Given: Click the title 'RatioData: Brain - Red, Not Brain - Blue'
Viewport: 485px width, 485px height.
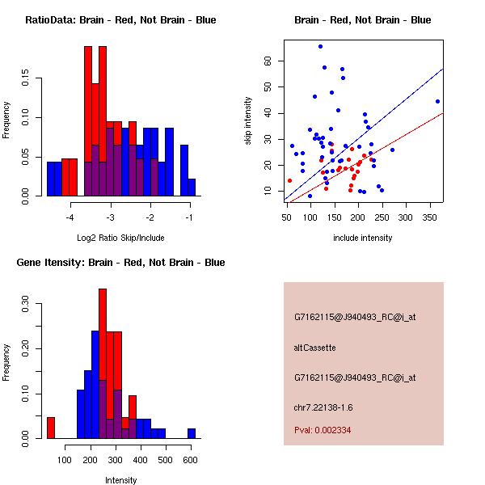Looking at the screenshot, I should tap(120, 20).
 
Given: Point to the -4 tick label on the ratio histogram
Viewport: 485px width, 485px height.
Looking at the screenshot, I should tap(70, 217).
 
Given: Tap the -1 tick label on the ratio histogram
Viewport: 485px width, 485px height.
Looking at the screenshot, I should tap(190, 217).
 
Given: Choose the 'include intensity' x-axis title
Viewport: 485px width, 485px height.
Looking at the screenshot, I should tap(363, 238).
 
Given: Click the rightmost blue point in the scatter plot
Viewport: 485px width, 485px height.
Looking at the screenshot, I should tap(437, 101).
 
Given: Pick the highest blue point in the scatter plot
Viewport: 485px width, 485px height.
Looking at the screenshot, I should tap(320, 46).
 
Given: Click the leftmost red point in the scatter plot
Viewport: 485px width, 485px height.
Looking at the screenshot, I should tap(289, 181).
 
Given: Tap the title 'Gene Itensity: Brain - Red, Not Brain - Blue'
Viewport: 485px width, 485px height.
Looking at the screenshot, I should tap(120, 263).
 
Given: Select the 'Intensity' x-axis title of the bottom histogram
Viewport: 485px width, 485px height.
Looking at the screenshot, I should tap(120, 480).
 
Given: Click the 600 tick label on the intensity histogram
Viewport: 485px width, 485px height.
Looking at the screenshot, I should tap(191, 460).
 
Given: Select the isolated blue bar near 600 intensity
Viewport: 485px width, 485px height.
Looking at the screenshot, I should tap(192, 433).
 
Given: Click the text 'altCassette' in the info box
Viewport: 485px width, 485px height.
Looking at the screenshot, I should tap(314, 348).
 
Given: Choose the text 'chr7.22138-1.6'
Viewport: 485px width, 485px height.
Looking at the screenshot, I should tap(323, 407).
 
